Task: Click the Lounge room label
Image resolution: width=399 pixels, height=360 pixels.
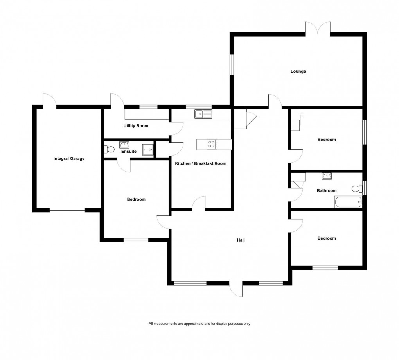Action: (298, 72)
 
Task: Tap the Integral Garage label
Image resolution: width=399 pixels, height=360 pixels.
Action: (69, 159)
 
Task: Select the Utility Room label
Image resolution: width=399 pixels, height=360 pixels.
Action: (136, 126)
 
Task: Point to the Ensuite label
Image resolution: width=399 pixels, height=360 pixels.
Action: (129, 151)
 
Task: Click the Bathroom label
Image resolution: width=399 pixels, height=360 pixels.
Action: (327, 191)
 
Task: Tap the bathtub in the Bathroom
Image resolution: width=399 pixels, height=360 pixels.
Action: (348, 202)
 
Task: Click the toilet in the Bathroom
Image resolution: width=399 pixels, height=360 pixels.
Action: (357, 189)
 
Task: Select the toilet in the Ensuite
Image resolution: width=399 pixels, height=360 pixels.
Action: (108, 149)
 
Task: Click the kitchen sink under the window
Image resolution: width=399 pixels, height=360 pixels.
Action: (203, 114)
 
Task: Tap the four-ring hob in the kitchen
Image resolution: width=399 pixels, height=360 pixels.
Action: (212, 144)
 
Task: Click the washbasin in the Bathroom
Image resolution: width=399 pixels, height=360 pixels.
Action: (327, 176)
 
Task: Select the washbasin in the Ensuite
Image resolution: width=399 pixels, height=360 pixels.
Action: (124, 144)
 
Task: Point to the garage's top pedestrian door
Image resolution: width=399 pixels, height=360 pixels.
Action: (50, 100)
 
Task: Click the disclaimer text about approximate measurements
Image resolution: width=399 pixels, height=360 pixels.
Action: (199, 324)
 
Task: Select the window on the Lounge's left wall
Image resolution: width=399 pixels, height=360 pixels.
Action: (232, 64)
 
